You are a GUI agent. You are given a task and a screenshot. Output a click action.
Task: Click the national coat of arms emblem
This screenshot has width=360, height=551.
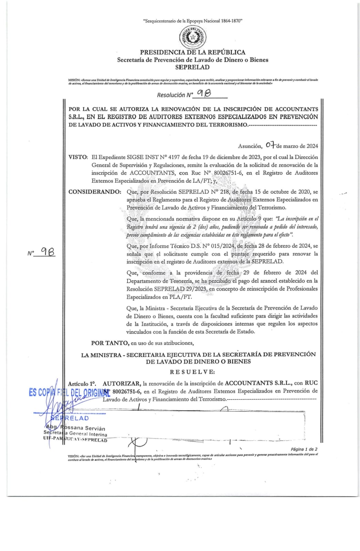[193, 37]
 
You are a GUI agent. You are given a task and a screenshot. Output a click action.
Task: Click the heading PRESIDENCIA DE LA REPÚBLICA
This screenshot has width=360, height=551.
[192, 52]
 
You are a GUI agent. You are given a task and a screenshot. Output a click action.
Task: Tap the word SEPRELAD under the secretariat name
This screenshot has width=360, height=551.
[192, 67]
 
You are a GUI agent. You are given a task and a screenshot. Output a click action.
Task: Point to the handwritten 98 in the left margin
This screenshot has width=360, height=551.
[47, 252]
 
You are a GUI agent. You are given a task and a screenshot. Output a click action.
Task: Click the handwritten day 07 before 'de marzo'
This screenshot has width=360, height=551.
[271, 145]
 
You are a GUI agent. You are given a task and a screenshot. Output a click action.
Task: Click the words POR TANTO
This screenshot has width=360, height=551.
[110, 343]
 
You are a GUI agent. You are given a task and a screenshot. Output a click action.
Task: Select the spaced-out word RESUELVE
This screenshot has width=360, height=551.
[192, 372]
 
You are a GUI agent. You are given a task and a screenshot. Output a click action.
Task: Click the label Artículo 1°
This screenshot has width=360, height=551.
[82, 383]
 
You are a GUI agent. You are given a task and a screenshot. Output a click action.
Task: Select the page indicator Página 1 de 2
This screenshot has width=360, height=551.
[304, 449]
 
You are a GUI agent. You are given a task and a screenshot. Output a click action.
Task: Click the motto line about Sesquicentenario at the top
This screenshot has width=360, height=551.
[193, 21]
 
